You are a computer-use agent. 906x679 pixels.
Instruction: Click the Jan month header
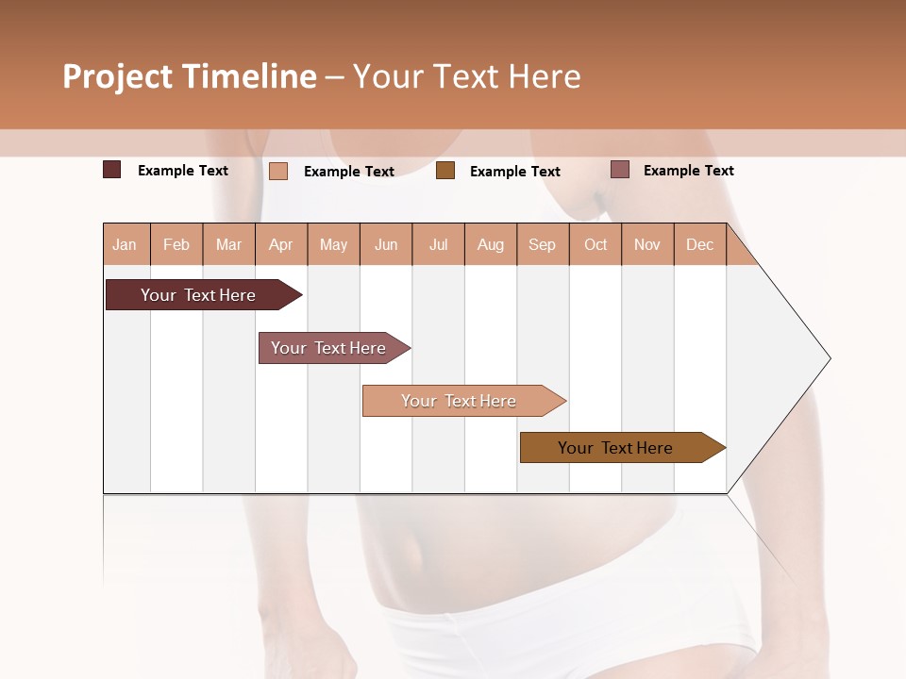[125, 244]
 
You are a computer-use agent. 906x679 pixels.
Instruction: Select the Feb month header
[176, 244]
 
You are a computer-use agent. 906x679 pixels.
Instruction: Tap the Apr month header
[280, 244]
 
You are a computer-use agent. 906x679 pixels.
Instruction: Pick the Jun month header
[386, 244]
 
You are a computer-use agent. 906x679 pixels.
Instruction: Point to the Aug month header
[490, 244]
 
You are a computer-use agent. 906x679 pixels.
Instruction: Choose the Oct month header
[596, 244]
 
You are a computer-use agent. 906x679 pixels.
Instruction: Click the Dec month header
[699, 244]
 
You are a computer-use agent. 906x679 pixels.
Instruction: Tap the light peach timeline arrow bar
[461, 401]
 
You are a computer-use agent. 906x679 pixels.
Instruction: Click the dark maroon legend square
[112, 170]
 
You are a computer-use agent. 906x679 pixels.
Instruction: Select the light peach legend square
[278, 171]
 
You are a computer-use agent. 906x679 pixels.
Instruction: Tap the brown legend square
[445, 171]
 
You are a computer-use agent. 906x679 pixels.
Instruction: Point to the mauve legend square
[619, 170]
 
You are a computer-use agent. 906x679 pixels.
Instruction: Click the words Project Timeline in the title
[189, 76]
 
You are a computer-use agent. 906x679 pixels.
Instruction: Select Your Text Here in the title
[466, 76]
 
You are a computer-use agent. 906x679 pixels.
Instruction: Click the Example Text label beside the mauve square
[688, 170]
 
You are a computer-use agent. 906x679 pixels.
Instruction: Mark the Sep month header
[542, 244]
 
